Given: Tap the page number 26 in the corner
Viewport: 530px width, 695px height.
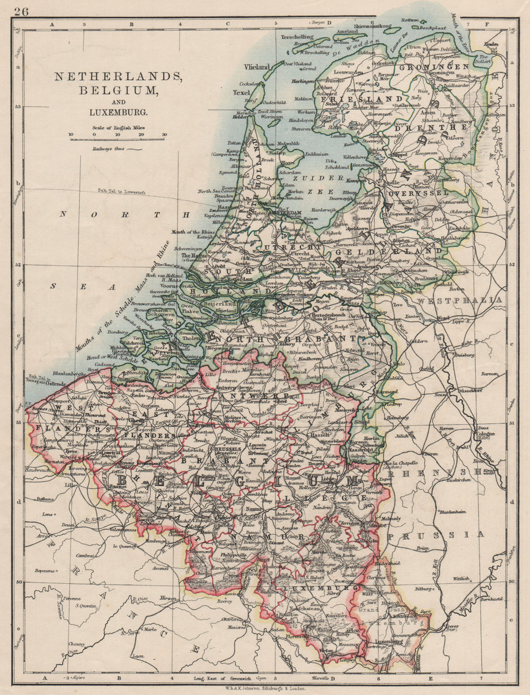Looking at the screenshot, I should (22, 10).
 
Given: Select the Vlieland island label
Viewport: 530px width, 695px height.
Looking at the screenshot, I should (257, 67).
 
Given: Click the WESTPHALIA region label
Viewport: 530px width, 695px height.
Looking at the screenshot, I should (459, 301).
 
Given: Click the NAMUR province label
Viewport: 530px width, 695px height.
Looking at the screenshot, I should (271, 537).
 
